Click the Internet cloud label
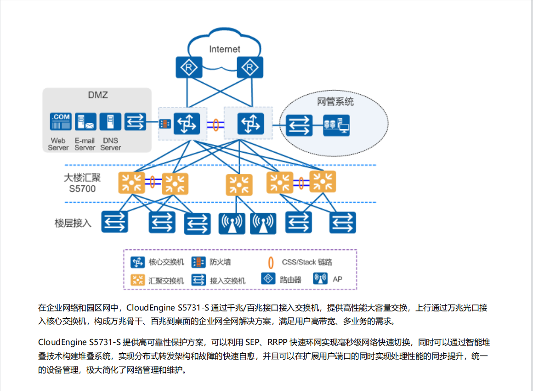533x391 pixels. point(225,49)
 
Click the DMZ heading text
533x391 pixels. point(98,96)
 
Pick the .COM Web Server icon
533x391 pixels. point(61,122)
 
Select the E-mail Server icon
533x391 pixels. point(85,122)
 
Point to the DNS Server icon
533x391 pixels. point(110,122)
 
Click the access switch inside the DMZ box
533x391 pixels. point(135,122)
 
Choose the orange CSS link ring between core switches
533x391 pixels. point(215,124)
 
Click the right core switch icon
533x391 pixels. point(251,123)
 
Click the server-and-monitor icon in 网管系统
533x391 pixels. point(336,125)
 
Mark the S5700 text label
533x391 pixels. point(82,189)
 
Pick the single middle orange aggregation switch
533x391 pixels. point(239,185)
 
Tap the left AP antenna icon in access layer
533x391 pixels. point(232,223)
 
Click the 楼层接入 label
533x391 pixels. point(73,224)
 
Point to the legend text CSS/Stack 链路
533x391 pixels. point(306,262)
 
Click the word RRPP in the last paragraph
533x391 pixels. point(275,343)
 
